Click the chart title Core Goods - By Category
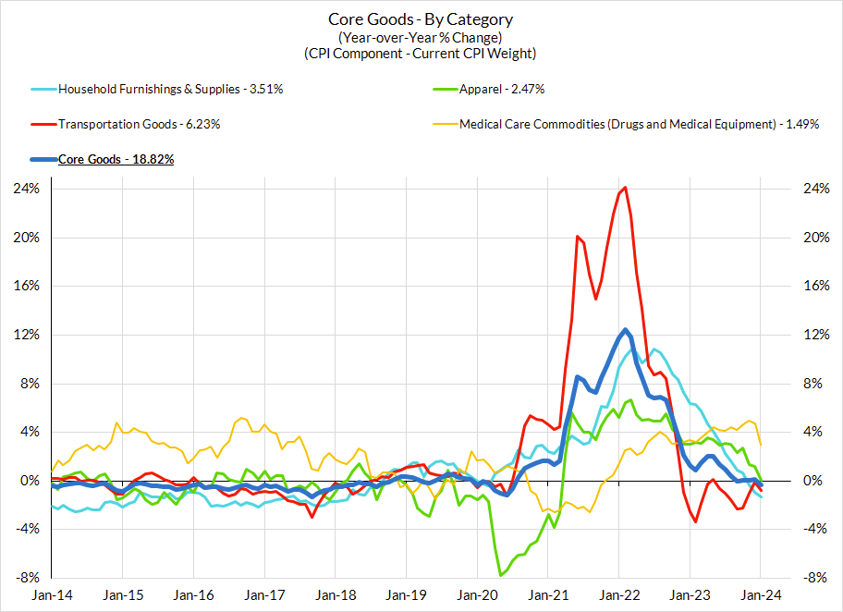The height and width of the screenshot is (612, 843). [421, 19]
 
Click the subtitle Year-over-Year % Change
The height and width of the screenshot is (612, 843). [421, 37]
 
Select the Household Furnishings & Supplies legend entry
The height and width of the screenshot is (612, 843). [170, 90]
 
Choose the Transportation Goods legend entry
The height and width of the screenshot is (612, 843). [139, 124]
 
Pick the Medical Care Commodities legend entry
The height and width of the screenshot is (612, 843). [639, 124]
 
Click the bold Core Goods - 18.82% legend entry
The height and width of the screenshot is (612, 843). [116, 159]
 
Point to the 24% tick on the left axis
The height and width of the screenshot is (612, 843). [28, 189]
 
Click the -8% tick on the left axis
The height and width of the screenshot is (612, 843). [28, 578]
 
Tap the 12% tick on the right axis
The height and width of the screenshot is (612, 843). [814, 335]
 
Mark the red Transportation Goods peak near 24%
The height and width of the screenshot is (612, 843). [626, 188]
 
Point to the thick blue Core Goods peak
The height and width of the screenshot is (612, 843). [626, 330]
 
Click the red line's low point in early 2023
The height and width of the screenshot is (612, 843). [695, 522]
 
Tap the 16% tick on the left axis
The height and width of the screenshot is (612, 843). [28, 286]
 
